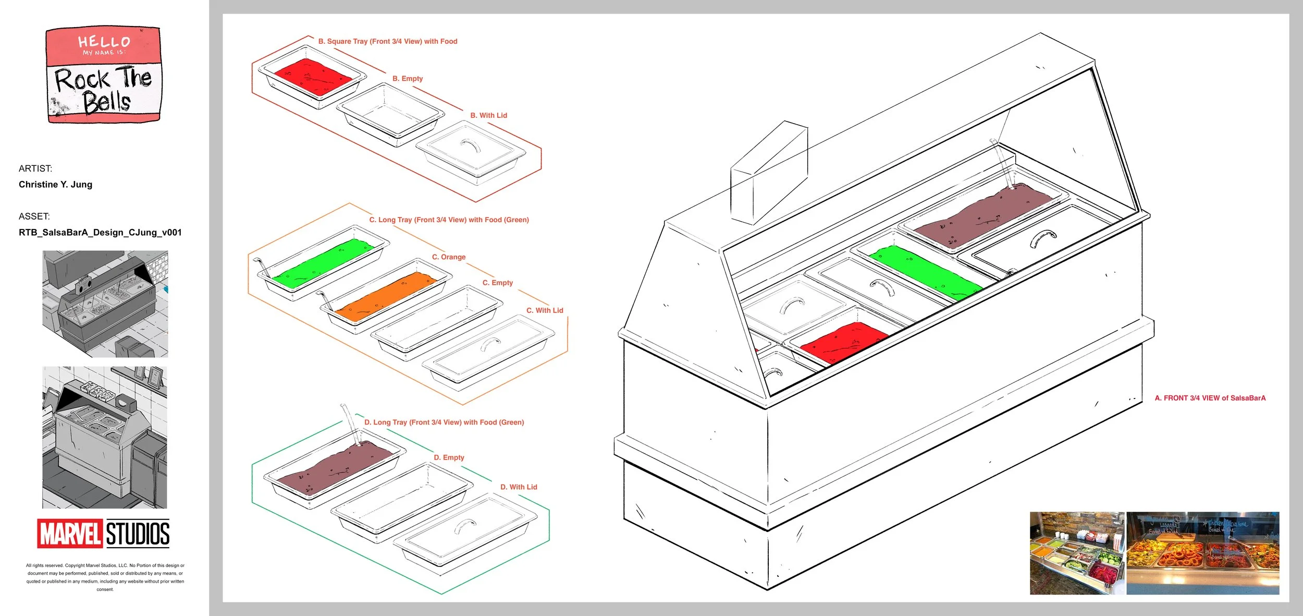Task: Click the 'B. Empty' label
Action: click(x=408, y=79)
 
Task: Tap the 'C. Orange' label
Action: click(x=449, y=257)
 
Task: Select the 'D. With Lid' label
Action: click(x=519, y=487)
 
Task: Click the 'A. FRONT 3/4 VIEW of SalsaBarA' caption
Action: click(x=1210, y=398)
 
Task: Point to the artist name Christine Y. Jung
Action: click(x=55, y=185)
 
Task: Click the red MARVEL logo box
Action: click(x=70, y=534)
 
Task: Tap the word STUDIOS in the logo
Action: click(x=138, y=534)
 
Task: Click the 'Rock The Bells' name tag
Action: click(x=104, y=76)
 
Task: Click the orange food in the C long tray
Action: click(x=386, y=296)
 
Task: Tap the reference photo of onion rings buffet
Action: click(x=1202, y=553)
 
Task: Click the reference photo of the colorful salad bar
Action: click(x=1077, y=553)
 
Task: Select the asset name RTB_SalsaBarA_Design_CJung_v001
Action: click(x=100, y=233)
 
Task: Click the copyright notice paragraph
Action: click(x=105, y=577)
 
